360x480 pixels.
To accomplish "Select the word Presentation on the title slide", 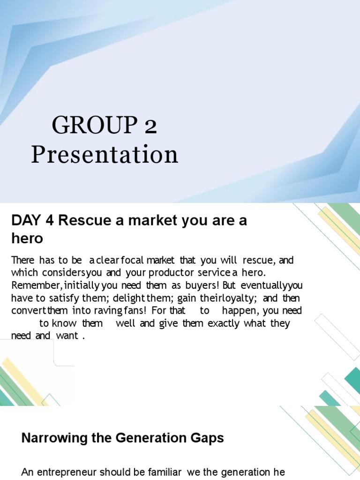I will (x=105, y=154).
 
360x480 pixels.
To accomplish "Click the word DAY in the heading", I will (x=25, y=221).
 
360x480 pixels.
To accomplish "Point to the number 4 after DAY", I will (x=49, y=221).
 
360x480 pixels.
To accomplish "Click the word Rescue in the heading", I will (x=80, y=221).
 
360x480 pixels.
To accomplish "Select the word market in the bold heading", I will (x=140, y=221).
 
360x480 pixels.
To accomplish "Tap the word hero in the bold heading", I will (x=27, y=239).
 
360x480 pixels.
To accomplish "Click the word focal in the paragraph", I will (x=132, y=260).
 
